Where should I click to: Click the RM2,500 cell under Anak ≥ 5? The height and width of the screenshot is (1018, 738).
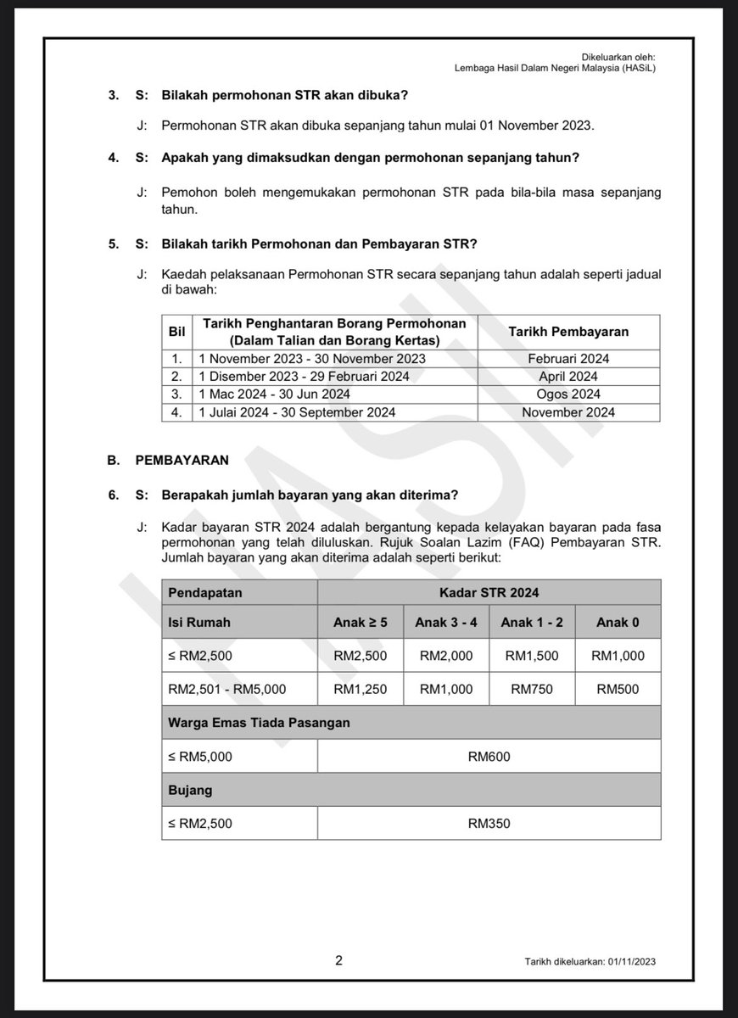(361, 655)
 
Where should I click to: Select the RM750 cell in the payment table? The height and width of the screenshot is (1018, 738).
(532, 689)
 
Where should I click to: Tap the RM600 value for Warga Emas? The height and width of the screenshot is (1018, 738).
(489, 756)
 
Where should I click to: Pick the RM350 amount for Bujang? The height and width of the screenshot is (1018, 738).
(489, 823)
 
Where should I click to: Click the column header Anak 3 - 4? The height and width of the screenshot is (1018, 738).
(446, 622)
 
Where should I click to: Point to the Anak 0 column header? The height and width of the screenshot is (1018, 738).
(618, 622)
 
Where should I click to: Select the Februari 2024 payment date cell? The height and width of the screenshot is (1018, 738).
(568, 358)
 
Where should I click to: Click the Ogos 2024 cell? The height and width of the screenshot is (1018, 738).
(568, 394)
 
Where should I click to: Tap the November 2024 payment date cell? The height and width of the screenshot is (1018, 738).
(568, 412)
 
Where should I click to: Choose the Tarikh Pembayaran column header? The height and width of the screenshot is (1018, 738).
(568, 332)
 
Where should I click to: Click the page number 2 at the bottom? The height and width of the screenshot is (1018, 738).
(339, 960)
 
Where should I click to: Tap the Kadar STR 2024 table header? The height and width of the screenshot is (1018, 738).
(489, 591)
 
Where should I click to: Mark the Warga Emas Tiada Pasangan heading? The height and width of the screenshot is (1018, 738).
(260, 722)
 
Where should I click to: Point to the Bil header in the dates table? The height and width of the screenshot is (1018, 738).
(176, 332)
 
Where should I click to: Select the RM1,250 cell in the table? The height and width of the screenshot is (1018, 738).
(361, 689)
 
